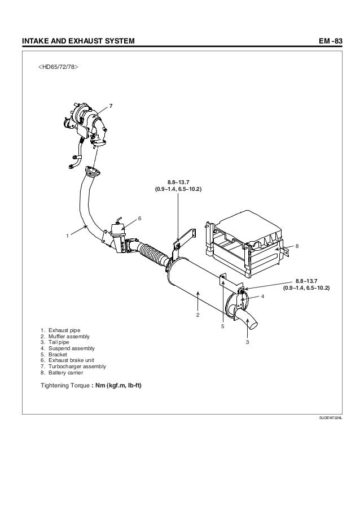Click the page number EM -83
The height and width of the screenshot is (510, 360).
(330, 41)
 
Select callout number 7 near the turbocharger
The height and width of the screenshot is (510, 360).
(111, 106)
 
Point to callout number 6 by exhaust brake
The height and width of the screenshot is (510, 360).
(139, 219)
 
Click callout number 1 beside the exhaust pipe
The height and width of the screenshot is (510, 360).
(67, 235)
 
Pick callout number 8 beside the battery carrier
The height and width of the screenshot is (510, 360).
(297, 247)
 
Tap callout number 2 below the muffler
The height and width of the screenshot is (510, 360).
(197, 314)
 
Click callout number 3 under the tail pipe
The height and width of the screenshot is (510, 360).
(247, 342)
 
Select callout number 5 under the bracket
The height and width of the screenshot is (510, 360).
(223, 326)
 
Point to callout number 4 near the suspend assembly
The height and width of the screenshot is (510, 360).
(262, 297)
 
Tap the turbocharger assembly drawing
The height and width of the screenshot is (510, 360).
(85, 121)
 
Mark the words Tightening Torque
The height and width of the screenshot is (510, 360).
(64, 386)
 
